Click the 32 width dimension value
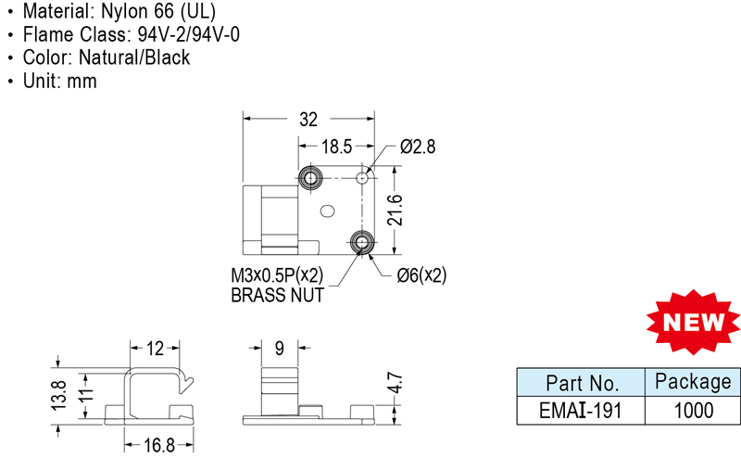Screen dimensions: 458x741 [308, 120]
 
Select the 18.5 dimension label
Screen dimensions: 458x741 [336, 146]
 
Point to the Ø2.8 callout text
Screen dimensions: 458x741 [418, 146]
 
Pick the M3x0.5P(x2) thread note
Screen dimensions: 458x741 [277, 276]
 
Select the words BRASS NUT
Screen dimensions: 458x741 [277, 296]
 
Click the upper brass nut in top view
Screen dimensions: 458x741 [309, 176]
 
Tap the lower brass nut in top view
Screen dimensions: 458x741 [362, 242]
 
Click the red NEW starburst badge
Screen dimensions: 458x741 [693, 322]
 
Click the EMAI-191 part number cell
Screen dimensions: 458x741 [582, 409]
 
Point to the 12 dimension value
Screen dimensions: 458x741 [155, 349]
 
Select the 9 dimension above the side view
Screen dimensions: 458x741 [279, 349]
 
